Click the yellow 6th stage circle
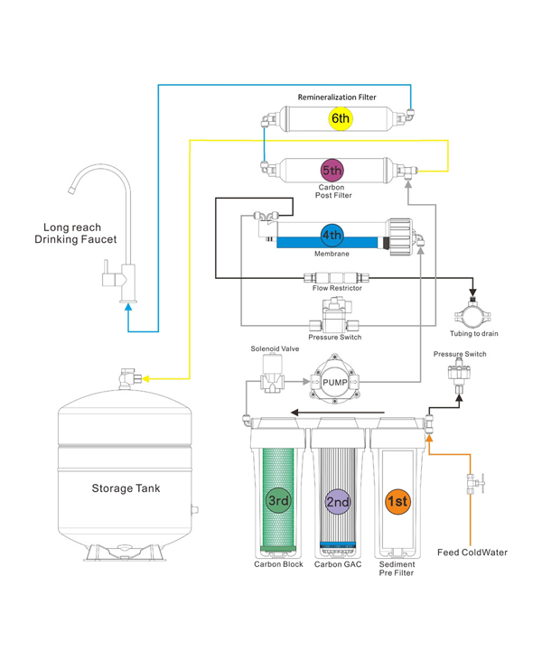(x=340, y=118)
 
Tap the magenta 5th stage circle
(x=332, y=170)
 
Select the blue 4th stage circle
(x=332, y=237)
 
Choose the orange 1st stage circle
(x=397, y=499)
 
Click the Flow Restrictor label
(x=337, y=288)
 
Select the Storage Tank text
(x=126, y=488)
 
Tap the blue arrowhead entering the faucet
(x=129, y=307)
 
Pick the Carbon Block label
(x=278, y=564)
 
